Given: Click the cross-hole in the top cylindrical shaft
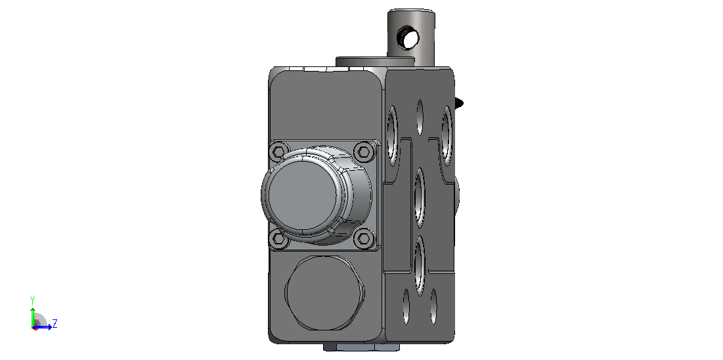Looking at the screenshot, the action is [409, 37].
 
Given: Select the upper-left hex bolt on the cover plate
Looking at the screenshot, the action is [278, 151].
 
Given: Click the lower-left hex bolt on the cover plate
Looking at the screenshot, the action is [278, 238].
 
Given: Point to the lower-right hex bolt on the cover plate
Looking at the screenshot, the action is [364, 238].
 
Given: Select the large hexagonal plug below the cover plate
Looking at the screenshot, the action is [325, 294].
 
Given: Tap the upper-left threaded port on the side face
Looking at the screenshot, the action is [393, 136].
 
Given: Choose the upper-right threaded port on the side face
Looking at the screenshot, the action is [447, 136].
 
